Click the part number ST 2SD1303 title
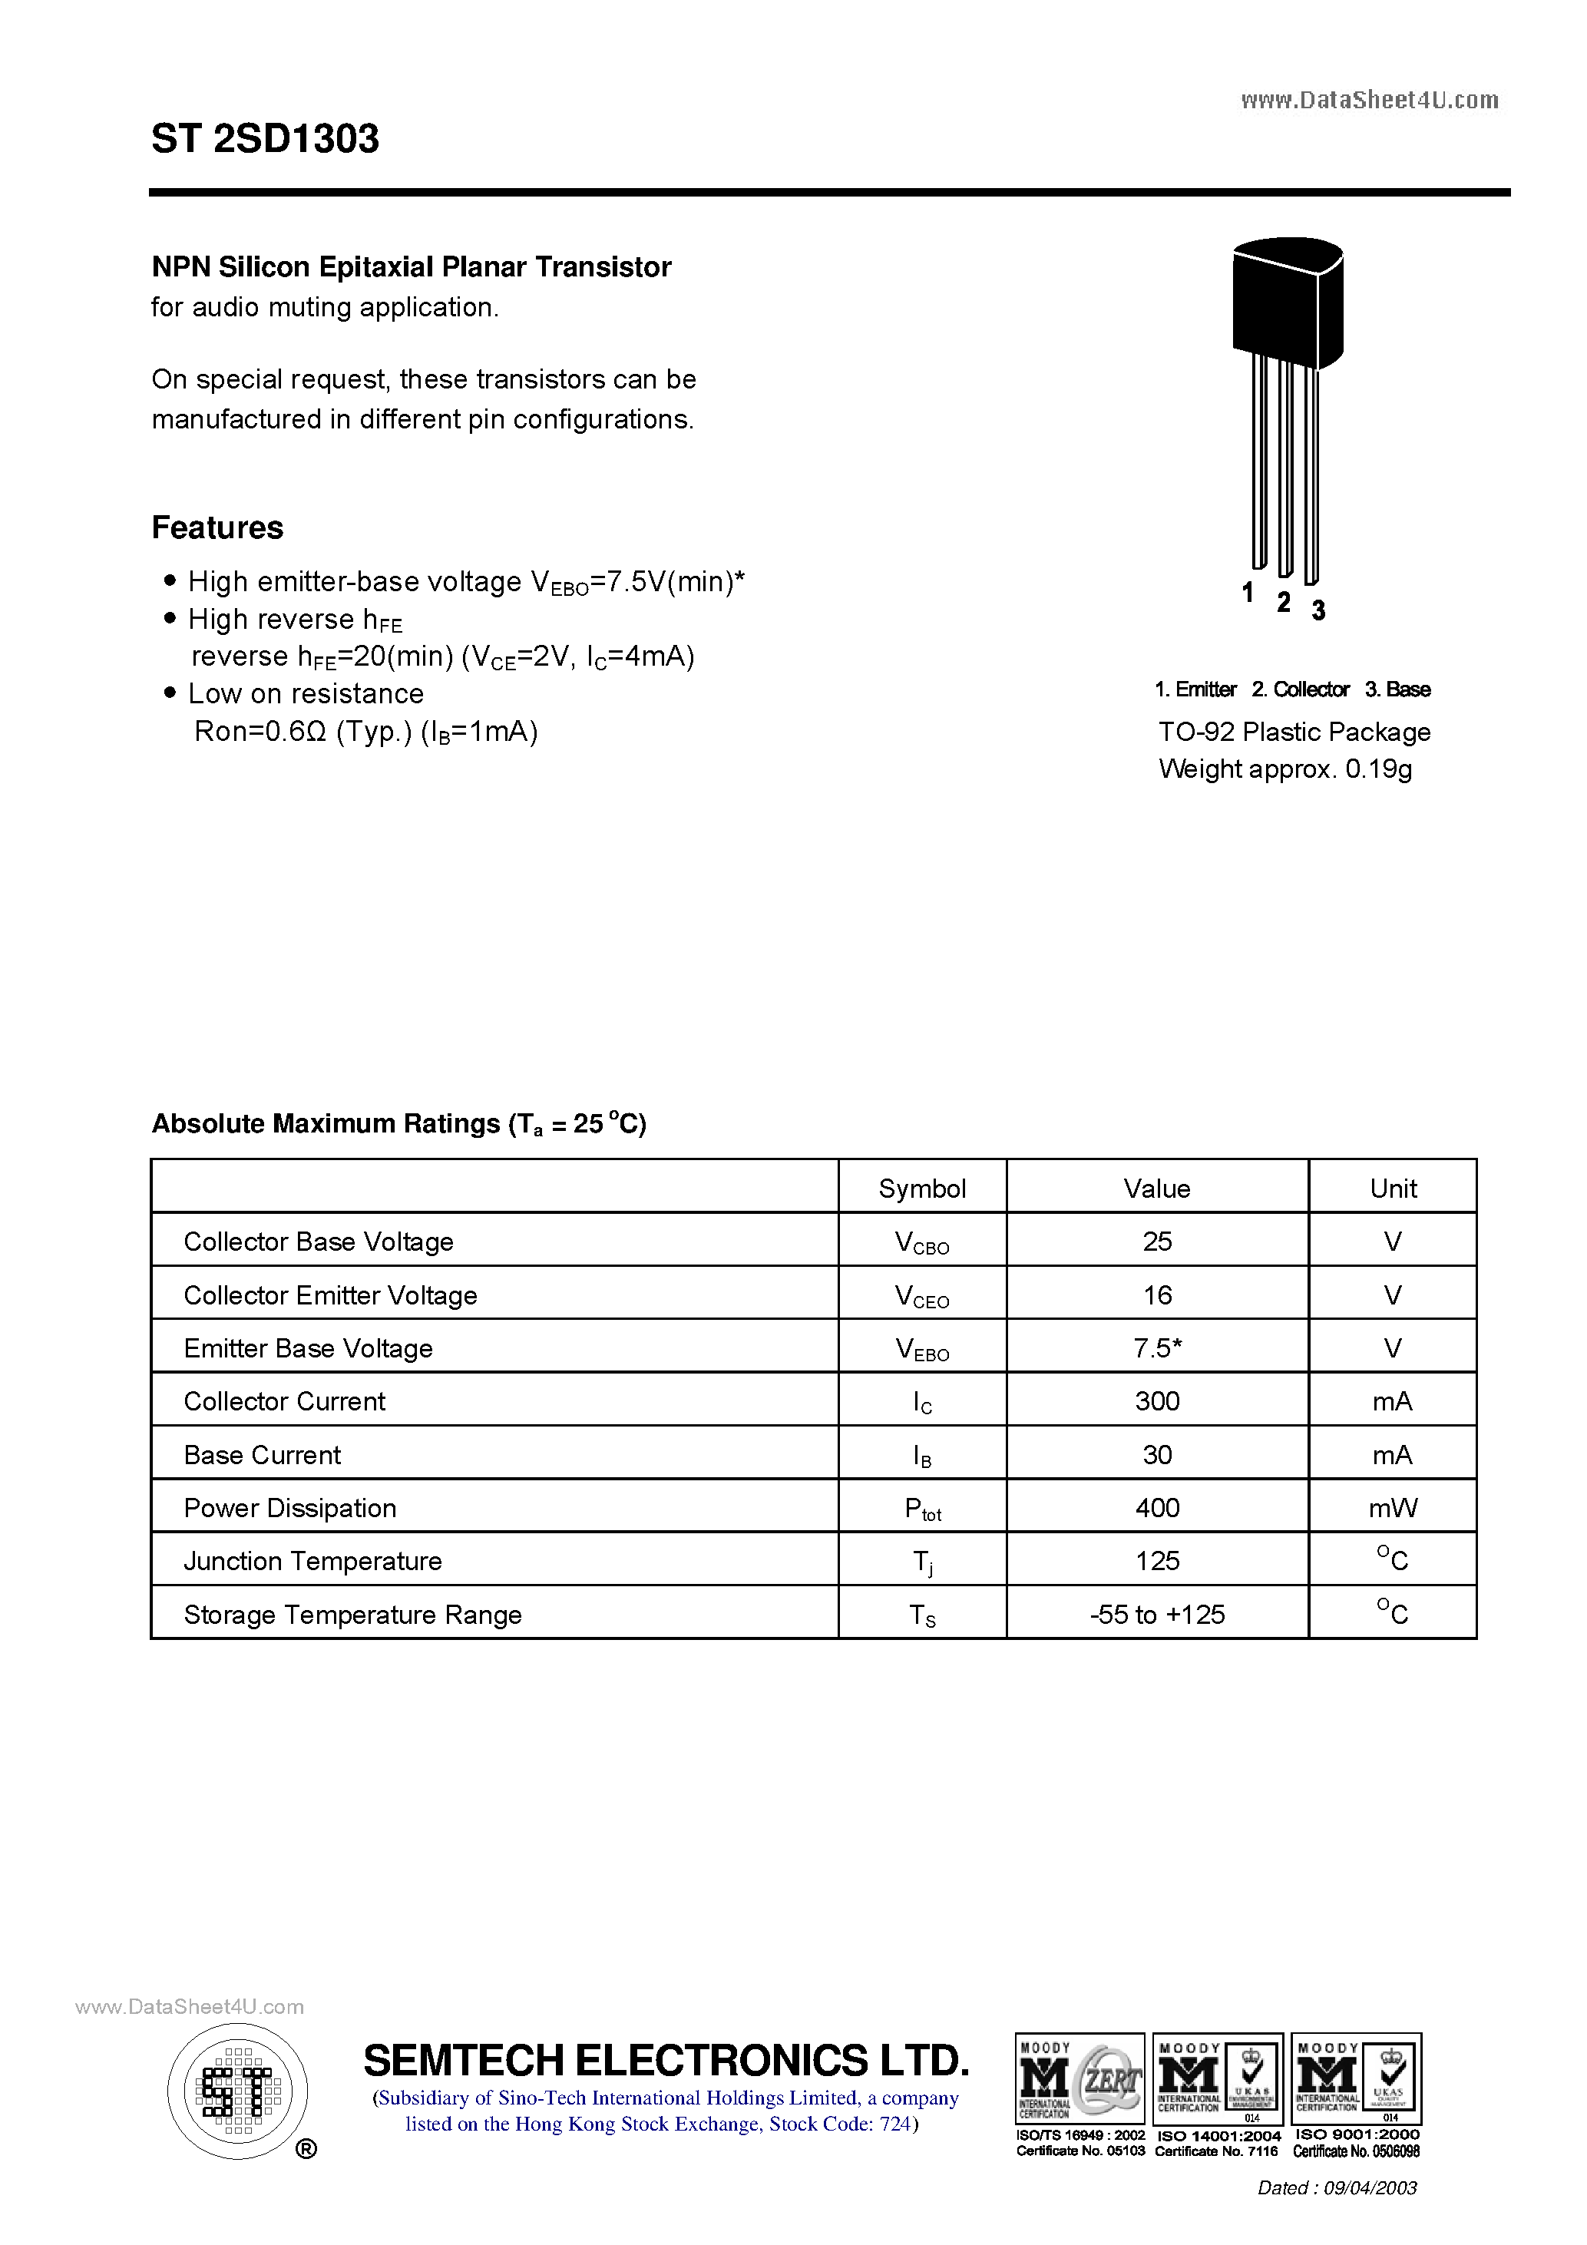coord(265,139)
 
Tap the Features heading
coord(217,528)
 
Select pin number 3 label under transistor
coord(1318,610)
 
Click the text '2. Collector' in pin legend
coord(1300,689)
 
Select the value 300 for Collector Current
coord(1157,1401)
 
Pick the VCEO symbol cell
coord(921,1295)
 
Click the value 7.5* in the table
coord(1157,1348)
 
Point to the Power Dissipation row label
coord(290,1508)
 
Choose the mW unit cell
coord(1393,1508)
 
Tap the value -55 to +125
coord(1157,1615)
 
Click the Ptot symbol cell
coord(921,1509)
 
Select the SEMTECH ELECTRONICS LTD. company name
coord(666,2060)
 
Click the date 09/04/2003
coord(1369,2187)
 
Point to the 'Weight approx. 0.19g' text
coord(1284,769)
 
